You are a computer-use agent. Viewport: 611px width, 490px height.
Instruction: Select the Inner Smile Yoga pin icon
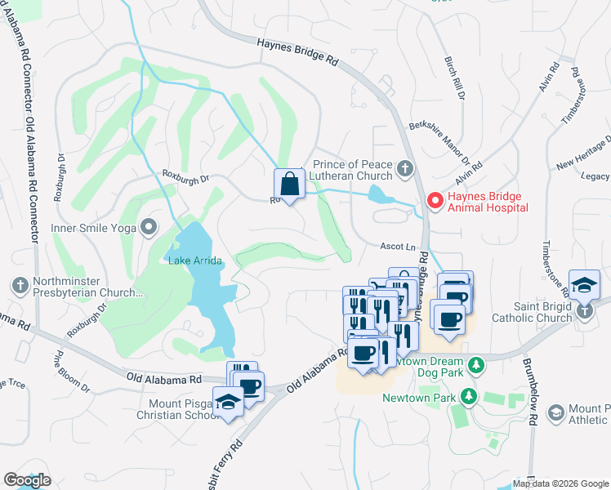148,227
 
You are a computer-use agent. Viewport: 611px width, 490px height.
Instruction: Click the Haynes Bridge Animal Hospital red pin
435,200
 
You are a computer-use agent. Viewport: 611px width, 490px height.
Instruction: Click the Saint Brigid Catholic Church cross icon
583,311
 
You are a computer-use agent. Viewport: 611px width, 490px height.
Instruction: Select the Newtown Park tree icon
468,398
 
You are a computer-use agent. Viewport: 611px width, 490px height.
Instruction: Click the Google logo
27,480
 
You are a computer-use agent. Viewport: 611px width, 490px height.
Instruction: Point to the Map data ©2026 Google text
560,483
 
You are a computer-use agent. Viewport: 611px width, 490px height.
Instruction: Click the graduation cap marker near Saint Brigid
585,285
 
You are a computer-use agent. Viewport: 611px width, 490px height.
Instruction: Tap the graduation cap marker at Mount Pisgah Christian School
228,401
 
